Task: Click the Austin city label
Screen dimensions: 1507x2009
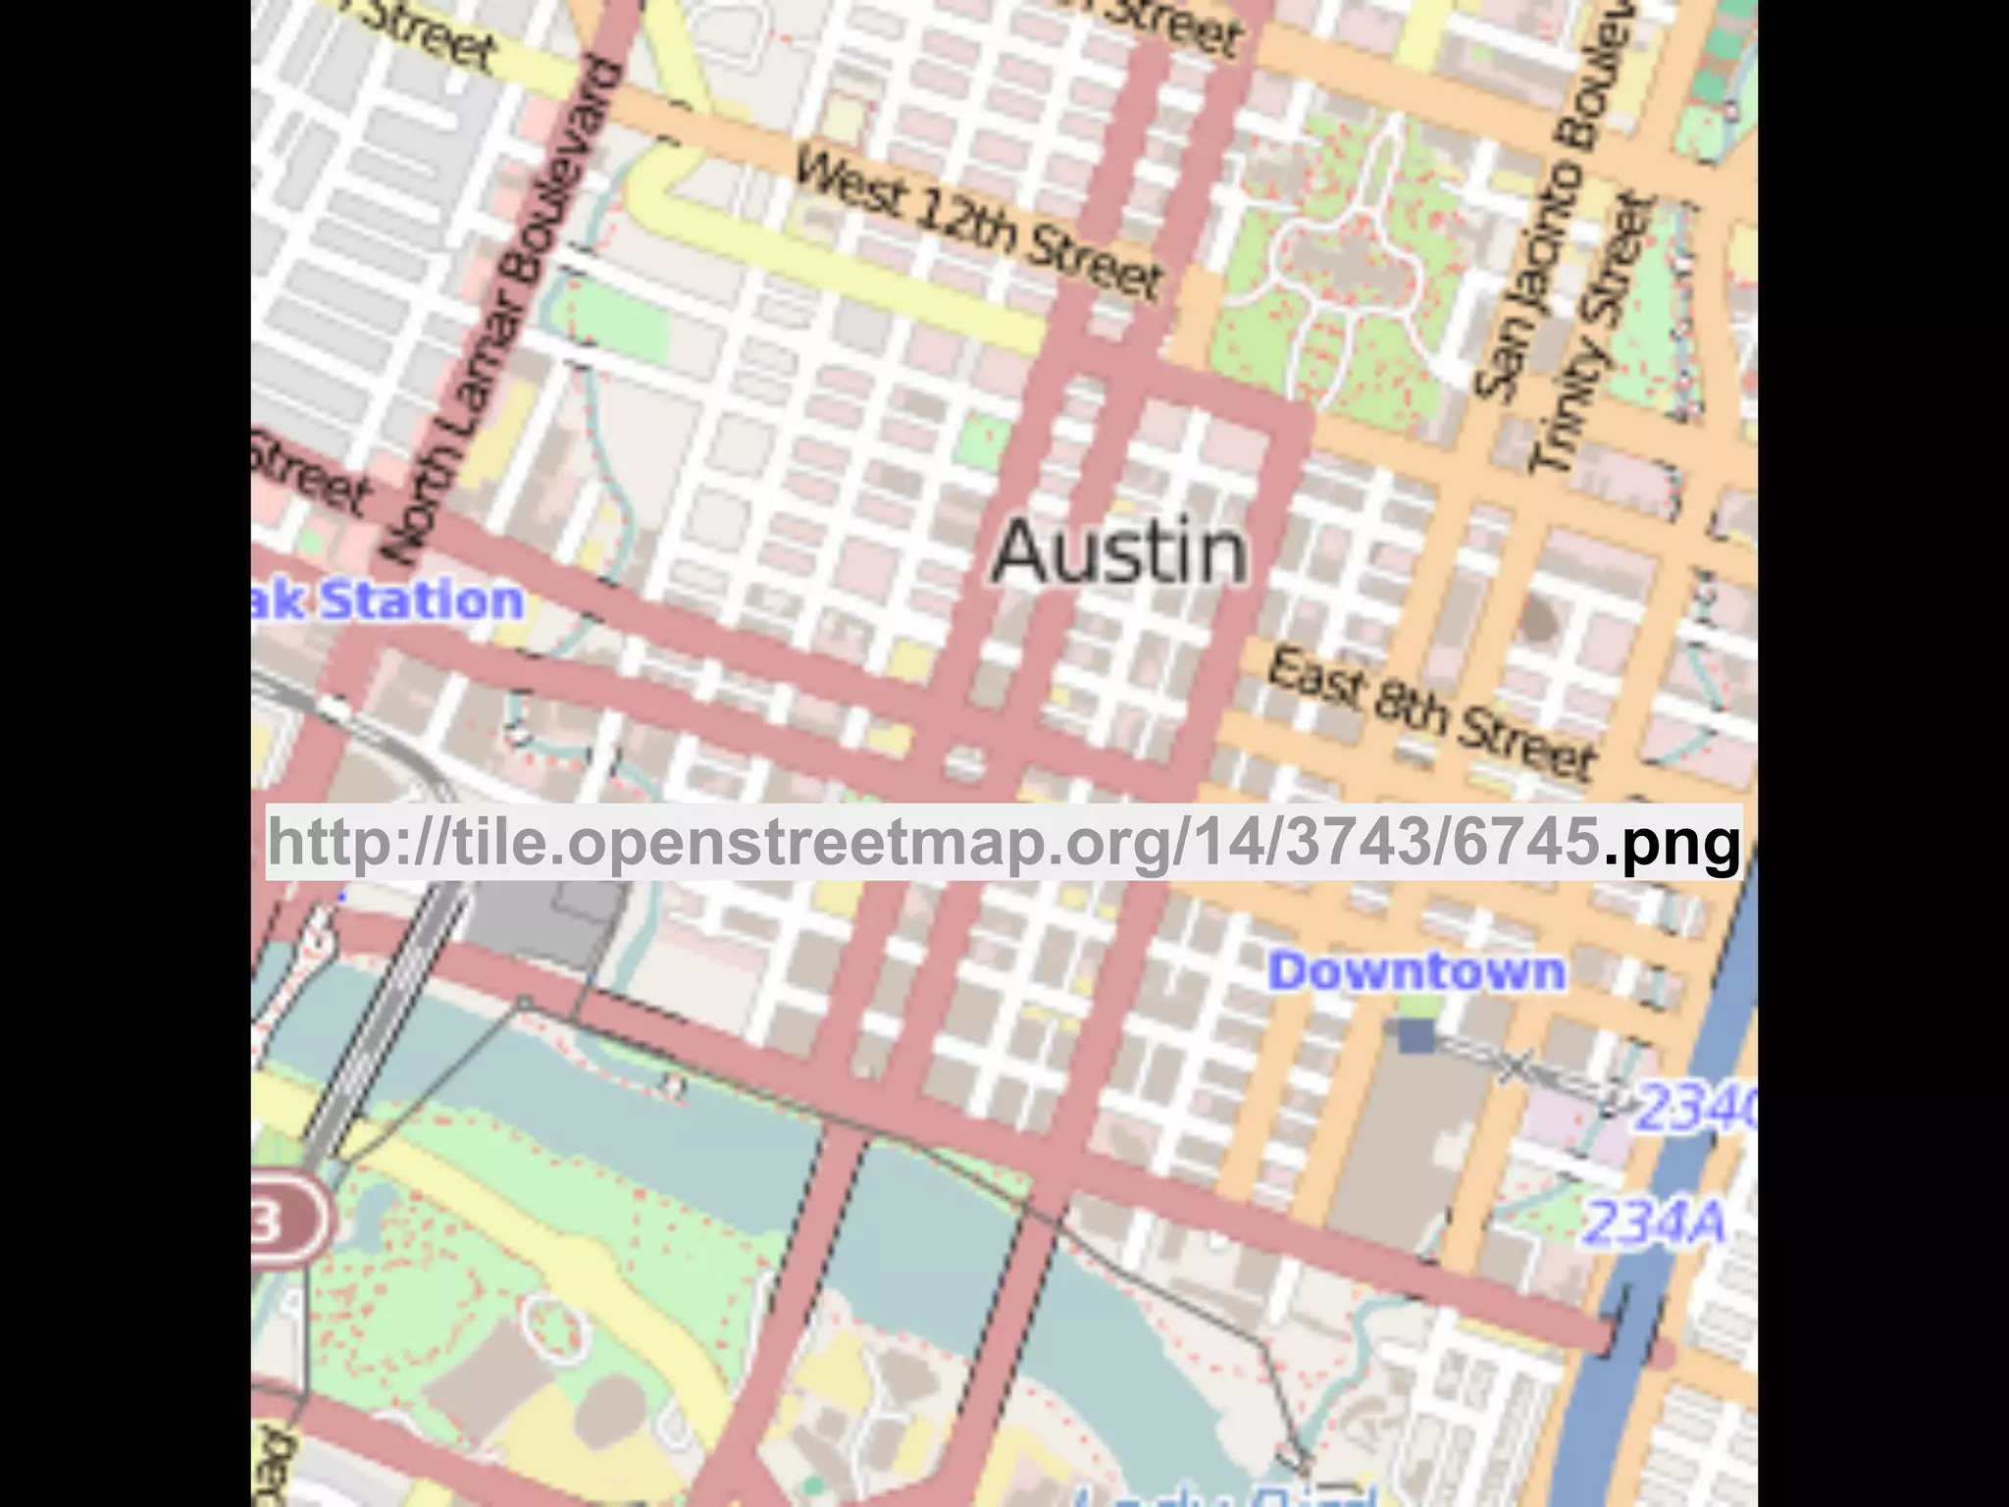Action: [1119, 552]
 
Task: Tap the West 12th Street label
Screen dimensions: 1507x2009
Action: [978, 224]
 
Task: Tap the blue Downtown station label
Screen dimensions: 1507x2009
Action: [1417, 971]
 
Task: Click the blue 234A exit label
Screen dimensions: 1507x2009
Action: [1654, 1222]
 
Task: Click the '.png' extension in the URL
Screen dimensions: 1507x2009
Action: [1673, 842]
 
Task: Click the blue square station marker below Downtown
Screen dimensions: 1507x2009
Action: [1416, 1036]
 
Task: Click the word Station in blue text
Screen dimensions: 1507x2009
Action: [422, 600]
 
